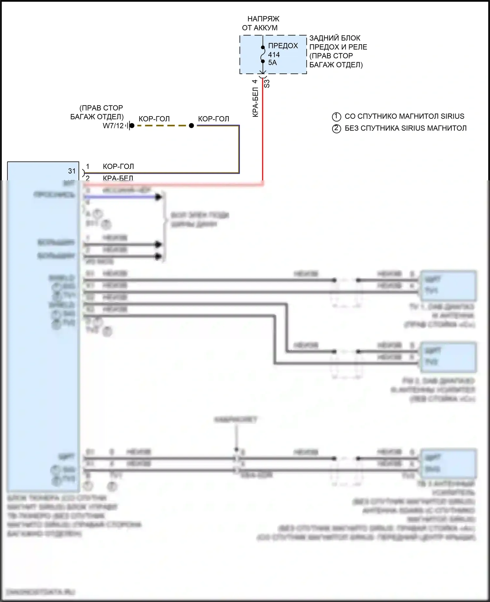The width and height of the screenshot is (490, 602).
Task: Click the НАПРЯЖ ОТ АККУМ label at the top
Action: coord(261,23)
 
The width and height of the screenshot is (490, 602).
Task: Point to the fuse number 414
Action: coord(274,55)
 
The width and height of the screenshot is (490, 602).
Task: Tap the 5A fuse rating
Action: coord(272,63)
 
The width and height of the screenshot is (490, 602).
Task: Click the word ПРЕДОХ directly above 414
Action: coord(283,46)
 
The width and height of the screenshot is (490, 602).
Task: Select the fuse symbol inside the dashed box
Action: coord(263,54)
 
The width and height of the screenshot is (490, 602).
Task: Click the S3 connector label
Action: coord(267,83)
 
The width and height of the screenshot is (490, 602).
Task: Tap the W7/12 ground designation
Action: coord(113,126)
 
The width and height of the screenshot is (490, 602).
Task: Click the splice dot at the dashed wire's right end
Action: coord(191,126)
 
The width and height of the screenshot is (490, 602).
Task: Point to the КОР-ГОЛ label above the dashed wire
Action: coord(154,119)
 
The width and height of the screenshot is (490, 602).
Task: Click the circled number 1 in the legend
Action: coord(336,116)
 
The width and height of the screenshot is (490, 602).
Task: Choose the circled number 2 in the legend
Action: coord(336,128)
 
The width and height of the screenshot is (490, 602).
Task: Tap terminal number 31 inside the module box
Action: coord(72,171)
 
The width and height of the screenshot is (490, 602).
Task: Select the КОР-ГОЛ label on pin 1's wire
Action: coord(118,166)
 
